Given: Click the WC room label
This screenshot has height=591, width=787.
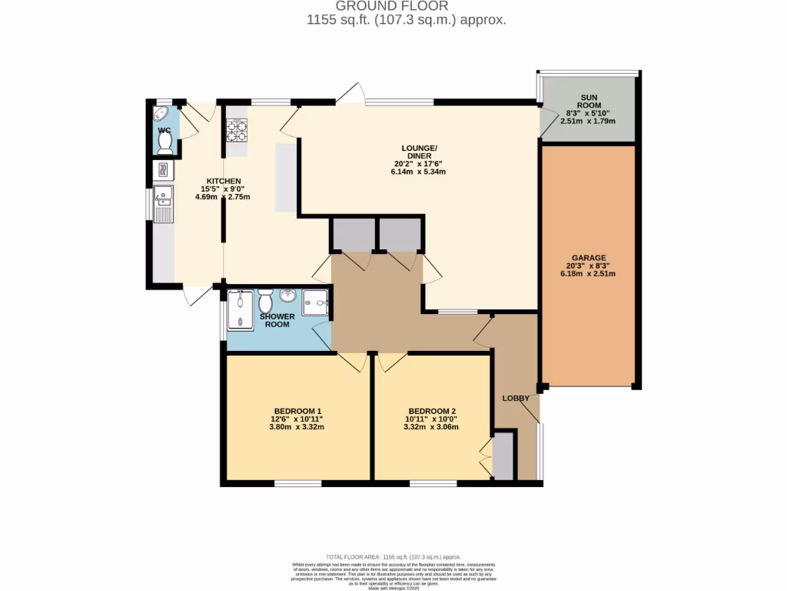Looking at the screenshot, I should click(x=164, y=131).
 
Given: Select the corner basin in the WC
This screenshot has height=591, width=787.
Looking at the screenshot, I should click(x=161, y=114).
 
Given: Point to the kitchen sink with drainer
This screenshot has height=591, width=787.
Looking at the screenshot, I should click(x=163, y=204).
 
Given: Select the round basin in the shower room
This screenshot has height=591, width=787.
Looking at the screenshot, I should click(x=289, y=295).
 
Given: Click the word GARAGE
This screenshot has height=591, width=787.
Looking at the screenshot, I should click(x=589, y=258).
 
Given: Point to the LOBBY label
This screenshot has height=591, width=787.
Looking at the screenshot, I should click(x=515, y=398).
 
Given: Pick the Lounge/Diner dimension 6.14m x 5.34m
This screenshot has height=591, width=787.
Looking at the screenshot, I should click(x=418, y=172).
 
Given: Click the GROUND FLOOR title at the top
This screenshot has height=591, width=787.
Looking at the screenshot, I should click(x=392, y=5).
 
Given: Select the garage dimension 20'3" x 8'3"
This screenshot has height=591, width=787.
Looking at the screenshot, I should click(x=589, y=266).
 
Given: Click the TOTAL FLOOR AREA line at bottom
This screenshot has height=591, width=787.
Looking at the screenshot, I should click(x=393, y=556).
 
